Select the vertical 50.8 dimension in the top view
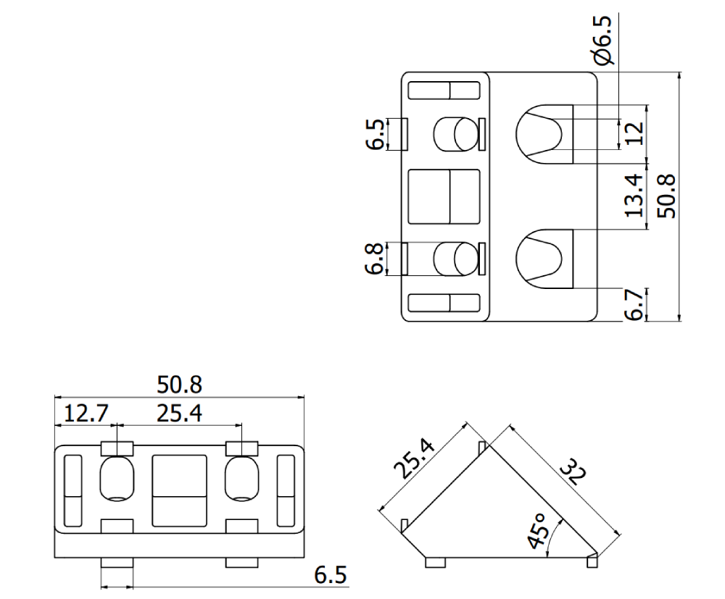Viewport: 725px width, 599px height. coord(666,196)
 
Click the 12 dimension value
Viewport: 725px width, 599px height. coord(633,133)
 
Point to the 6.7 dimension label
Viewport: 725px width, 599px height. coord(633,305)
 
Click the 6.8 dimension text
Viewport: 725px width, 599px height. coord(375,259)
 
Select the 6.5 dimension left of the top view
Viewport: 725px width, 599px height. coord(375,134)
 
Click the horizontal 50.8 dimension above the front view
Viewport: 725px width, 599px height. coord(179,384)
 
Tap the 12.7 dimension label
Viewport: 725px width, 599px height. coord(86,414)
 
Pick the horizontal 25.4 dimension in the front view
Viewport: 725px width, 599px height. coord(179,414)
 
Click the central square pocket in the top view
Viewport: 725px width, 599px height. coord(444,196)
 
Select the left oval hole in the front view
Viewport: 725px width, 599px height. coord(116,478)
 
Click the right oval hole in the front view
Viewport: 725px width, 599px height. coord(241,478)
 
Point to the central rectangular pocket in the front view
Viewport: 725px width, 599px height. coord(179,490)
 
